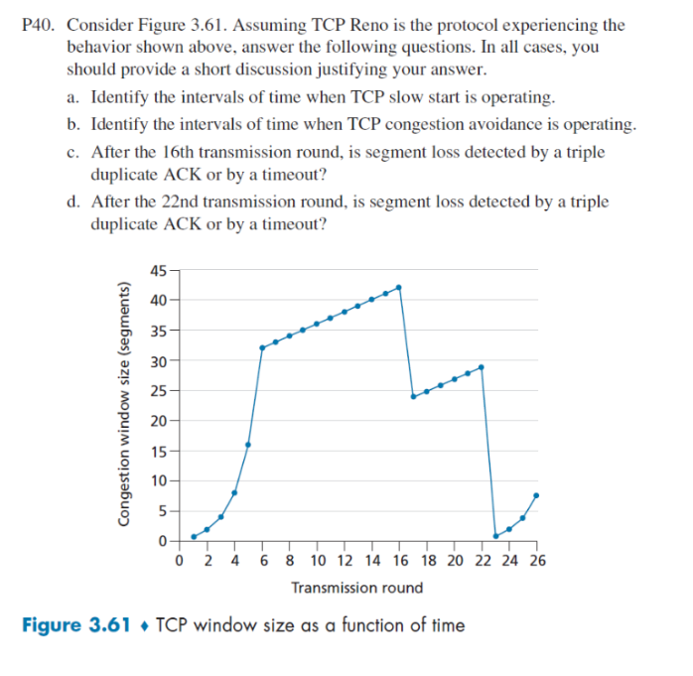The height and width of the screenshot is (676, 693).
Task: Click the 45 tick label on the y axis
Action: [x=159, y=270]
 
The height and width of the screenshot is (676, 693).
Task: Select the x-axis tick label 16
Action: [x=400, y=560]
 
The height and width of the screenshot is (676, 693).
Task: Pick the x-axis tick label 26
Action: [x=536, y=560]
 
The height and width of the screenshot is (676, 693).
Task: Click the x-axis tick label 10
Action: [x=318, y=560]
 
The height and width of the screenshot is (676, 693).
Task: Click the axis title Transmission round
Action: [x=356, y=588]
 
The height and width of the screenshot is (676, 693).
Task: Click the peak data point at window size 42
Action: [x=399, y=287]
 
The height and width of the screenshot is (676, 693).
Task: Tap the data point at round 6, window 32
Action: [x=262, y=347]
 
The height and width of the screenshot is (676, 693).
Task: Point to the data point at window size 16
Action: [x=248, y=444]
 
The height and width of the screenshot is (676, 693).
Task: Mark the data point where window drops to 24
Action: [x=413, y=396]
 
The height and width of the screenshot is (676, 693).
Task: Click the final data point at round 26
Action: [x=536, y=494]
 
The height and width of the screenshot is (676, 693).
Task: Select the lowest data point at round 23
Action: [x=495, y=536]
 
